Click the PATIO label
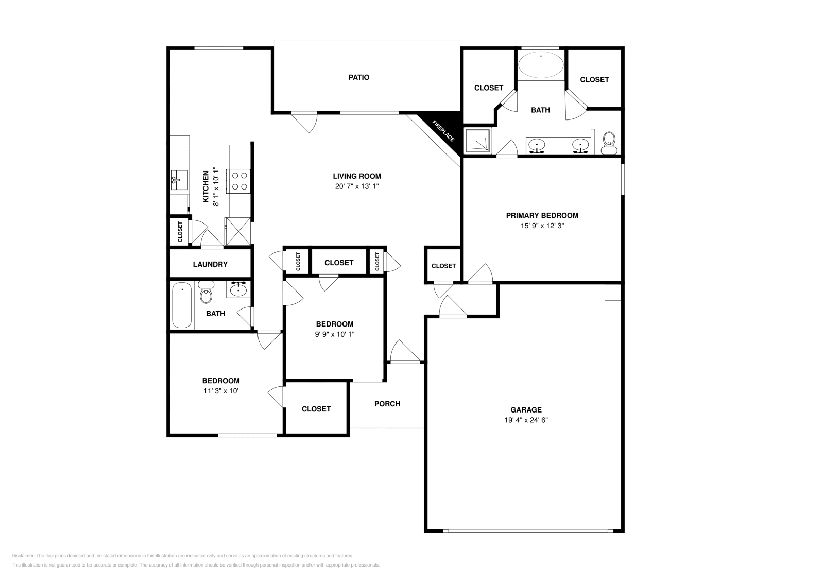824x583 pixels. tap(358, 77)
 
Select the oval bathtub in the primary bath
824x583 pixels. tap(540, 65)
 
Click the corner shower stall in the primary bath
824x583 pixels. tap(478, 140)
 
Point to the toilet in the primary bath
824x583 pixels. tap(609, 143)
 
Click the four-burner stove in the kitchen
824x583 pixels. tap(239, 181)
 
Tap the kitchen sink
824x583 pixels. tap(179, 180)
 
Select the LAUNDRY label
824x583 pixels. tap(210, 264)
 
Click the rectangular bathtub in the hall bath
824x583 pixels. tap(182, 304)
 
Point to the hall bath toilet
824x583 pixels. tap(206, 292)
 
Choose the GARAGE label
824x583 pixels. tap(526, 410)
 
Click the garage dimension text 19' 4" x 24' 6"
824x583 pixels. tap(526, 420)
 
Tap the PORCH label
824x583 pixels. tap(387, 404)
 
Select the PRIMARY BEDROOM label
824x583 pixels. tap(542, 216)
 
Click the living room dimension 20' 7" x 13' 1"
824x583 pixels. tap(357, 186)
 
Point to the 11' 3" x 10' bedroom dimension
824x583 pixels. tap(221, 391)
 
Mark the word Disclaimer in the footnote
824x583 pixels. tap(23, 556)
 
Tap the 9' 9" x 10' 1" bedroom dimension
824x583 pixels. tap(335, 334)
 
